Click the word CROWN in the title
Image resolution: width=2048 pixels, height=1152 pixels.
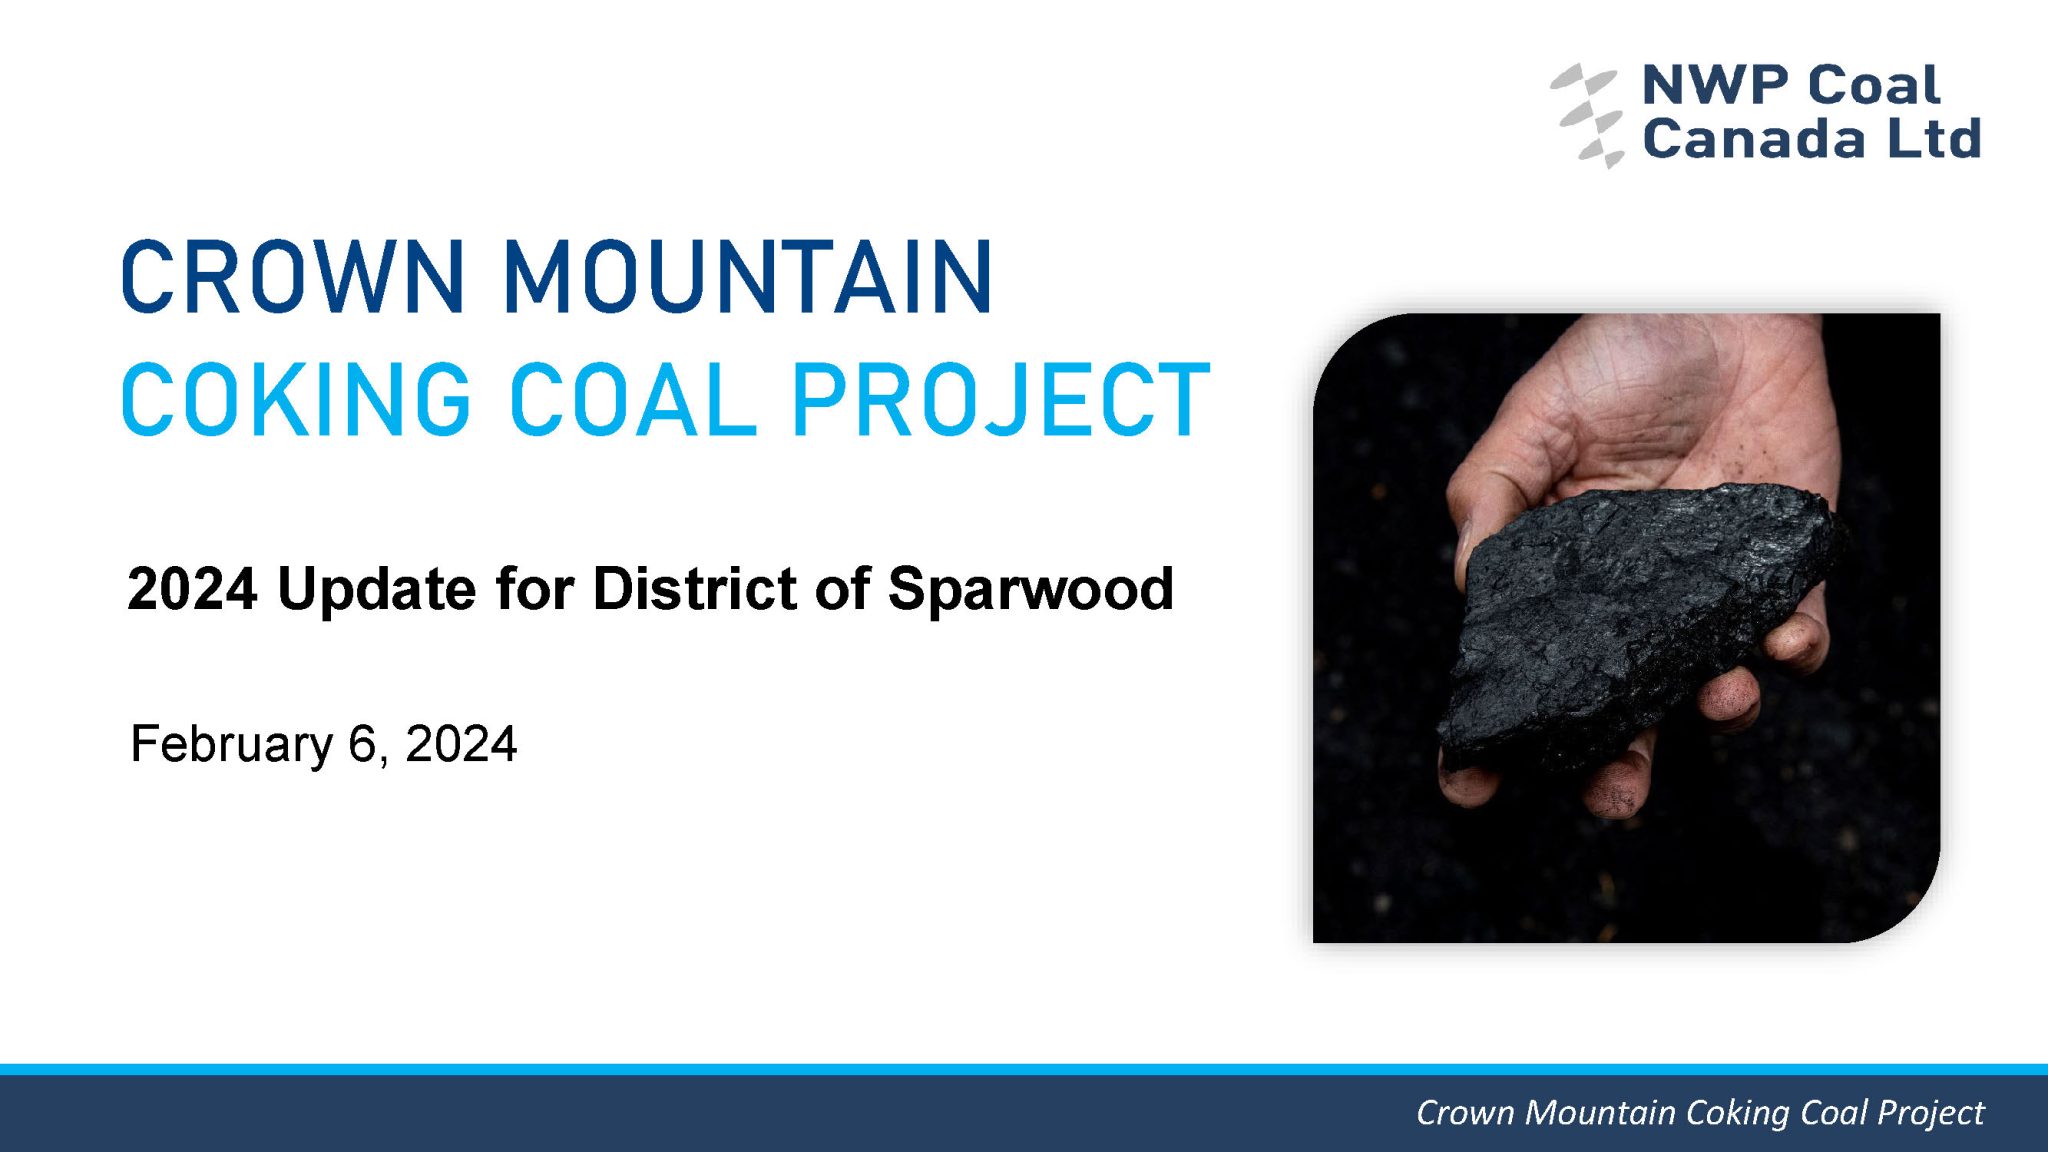293,277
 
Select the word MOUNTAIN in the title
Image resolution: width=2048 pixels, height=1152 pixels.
748,277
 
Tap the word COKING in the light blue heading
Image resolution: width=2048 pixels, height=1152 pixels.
296,399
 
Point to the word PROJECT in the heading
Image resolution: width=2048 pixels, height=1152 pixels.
1001,399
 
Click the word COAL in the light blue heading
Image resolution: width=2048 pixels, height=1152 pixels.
633,399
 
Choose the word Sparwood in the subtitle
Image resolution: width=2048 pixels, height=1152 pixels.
1030,589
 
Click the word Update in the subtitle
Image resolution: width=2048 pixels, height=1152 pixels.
376,589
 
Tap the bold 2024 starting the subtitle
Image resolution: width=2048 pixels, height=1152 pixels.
192,589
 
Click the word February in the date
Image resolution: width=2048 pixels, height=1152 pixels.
232,745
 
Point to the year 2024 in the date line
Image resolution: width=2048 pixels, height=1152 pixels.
461,745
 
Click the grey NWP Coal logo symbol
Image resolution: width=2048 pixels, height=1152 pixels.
1587,115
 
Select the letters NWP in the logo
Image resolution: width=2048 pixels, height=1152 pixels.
1717,85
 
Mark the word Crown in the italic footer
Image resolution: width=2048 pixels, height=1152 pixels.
1465,1113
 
